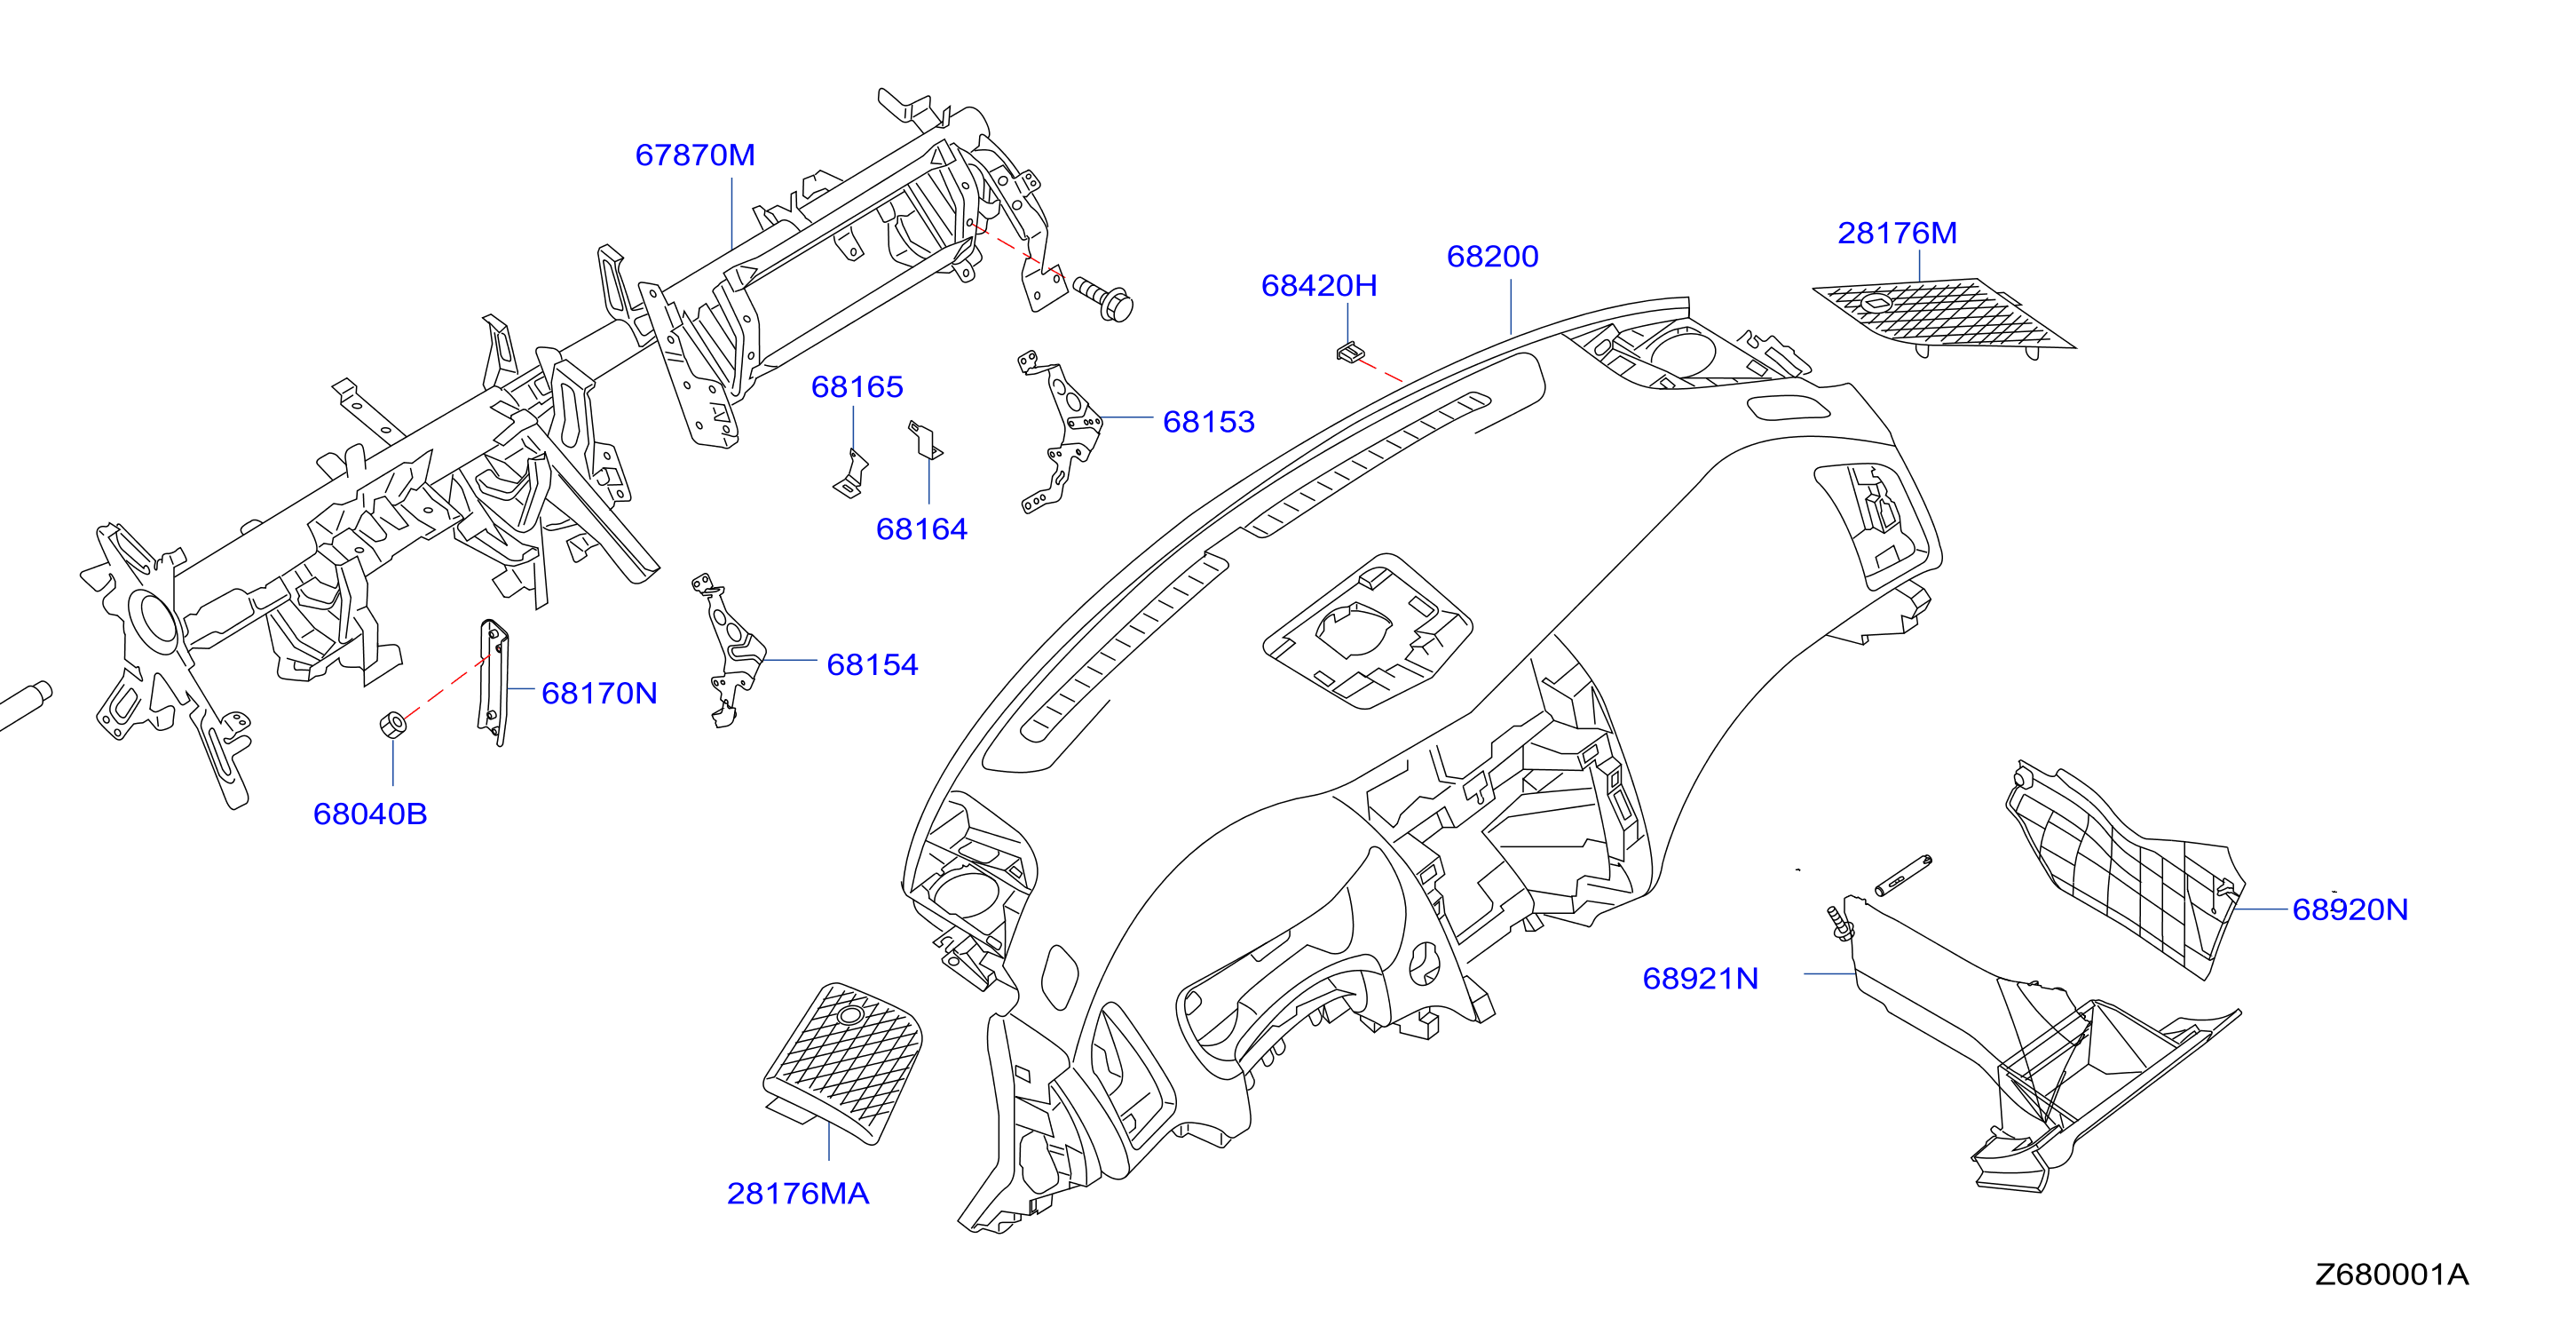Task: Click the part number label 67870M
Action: point(695,155)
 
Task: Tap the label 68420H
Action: point(1318,286)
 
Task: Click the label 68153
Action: point(1208,422)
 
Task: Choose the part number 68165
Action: point(857,387)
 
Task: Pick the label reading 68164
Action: point(920,529)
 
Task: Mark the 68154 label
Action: point(872,665)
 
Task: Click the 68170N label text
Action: point(599,694)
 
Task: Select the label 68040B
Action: point(370,814)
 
